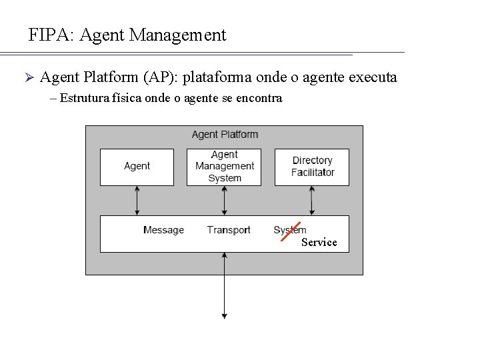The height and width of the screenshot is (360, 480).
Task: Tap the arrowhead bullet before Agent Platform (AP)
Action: tap(28, 78)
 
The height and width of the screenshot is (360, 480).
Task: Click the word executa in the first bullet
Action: tap(370, 77)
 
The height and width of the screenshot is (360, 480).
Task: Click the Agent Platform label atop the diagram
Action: tap(225, 134)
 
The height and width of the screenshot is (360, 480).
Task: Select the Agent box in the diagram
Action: tap(137, 167)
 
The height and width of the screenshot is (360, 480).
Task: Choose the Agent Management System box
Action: tap(224, 167)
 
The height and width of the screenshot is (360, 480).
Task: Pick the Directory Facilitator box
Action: tap(312, 167)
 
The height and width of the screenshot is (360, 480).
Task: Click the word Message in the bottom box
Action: tap(163, 230)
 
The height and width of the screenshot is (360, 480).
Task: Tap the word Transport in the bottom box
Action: tap(229, 230)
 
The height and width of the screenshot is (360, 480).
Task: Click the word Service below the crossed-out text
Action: tap(319, 242)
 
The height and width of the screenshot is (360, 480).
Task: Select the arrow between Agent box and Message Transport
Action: tap(137, 200)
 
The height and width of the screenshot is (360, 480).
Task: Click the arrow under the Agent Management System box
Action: tap(224, 200)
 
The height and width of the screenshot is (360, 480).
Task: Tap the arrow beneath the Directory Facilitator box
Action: tap(312, 200)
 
